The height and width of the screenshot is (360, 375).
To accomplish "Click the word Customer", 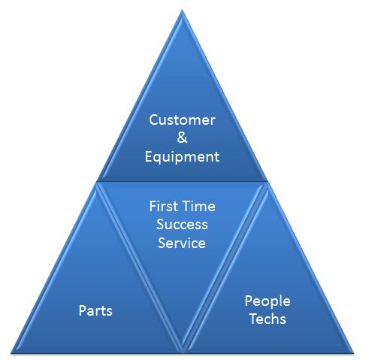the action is click(x=182, y=120).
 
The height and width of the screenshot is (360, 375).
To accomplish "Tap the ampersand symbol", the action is click(x=182, y=138).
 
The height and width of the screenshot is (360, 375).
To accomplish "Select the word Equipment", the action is click(x=182, y=158).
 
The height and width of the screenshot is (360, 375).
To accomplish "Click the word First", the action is click(x=164, y=207).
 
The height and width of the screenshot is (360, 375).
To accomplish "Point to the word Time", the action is click(x=199, y=207).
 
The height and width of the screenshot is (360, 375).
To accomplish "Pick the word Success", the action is click(x=182, y=225).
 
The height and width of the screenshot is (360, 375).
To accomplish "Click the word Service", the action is click(x=182, y=243).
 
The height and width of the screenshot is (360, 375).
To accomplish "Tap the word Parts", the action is click(x=95, y=310).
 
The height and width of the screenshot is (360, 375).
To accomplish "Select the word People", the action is click(x=268, y=301).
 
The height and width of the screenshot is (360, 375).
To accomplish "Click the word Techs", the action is click(x=268, y=319).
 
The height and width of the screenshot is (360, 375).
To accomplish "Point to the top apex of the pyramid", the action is click(x=182, y=10).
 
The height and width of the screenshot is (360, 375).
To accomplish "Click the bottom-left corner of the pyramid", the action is click(x=11, y=353).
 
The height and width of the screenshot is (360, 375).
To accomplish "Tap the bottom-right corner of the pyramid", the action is click(x=354, y=353).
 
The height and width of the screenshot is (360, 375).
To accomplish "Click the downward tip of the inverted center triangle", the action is click(x=182, y=352).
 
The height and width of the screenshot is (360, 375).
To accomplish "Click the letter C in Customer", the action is click(x=153, y=120).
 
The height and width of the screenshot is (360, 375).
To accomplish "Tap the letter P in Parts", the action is click(x=83, y=310).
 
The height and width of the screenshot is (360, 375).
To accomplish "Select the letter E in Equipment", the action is click(x=149, y=156).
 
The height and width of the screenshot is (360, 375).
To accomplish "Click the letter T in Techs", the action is click(x=254, y=319).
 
